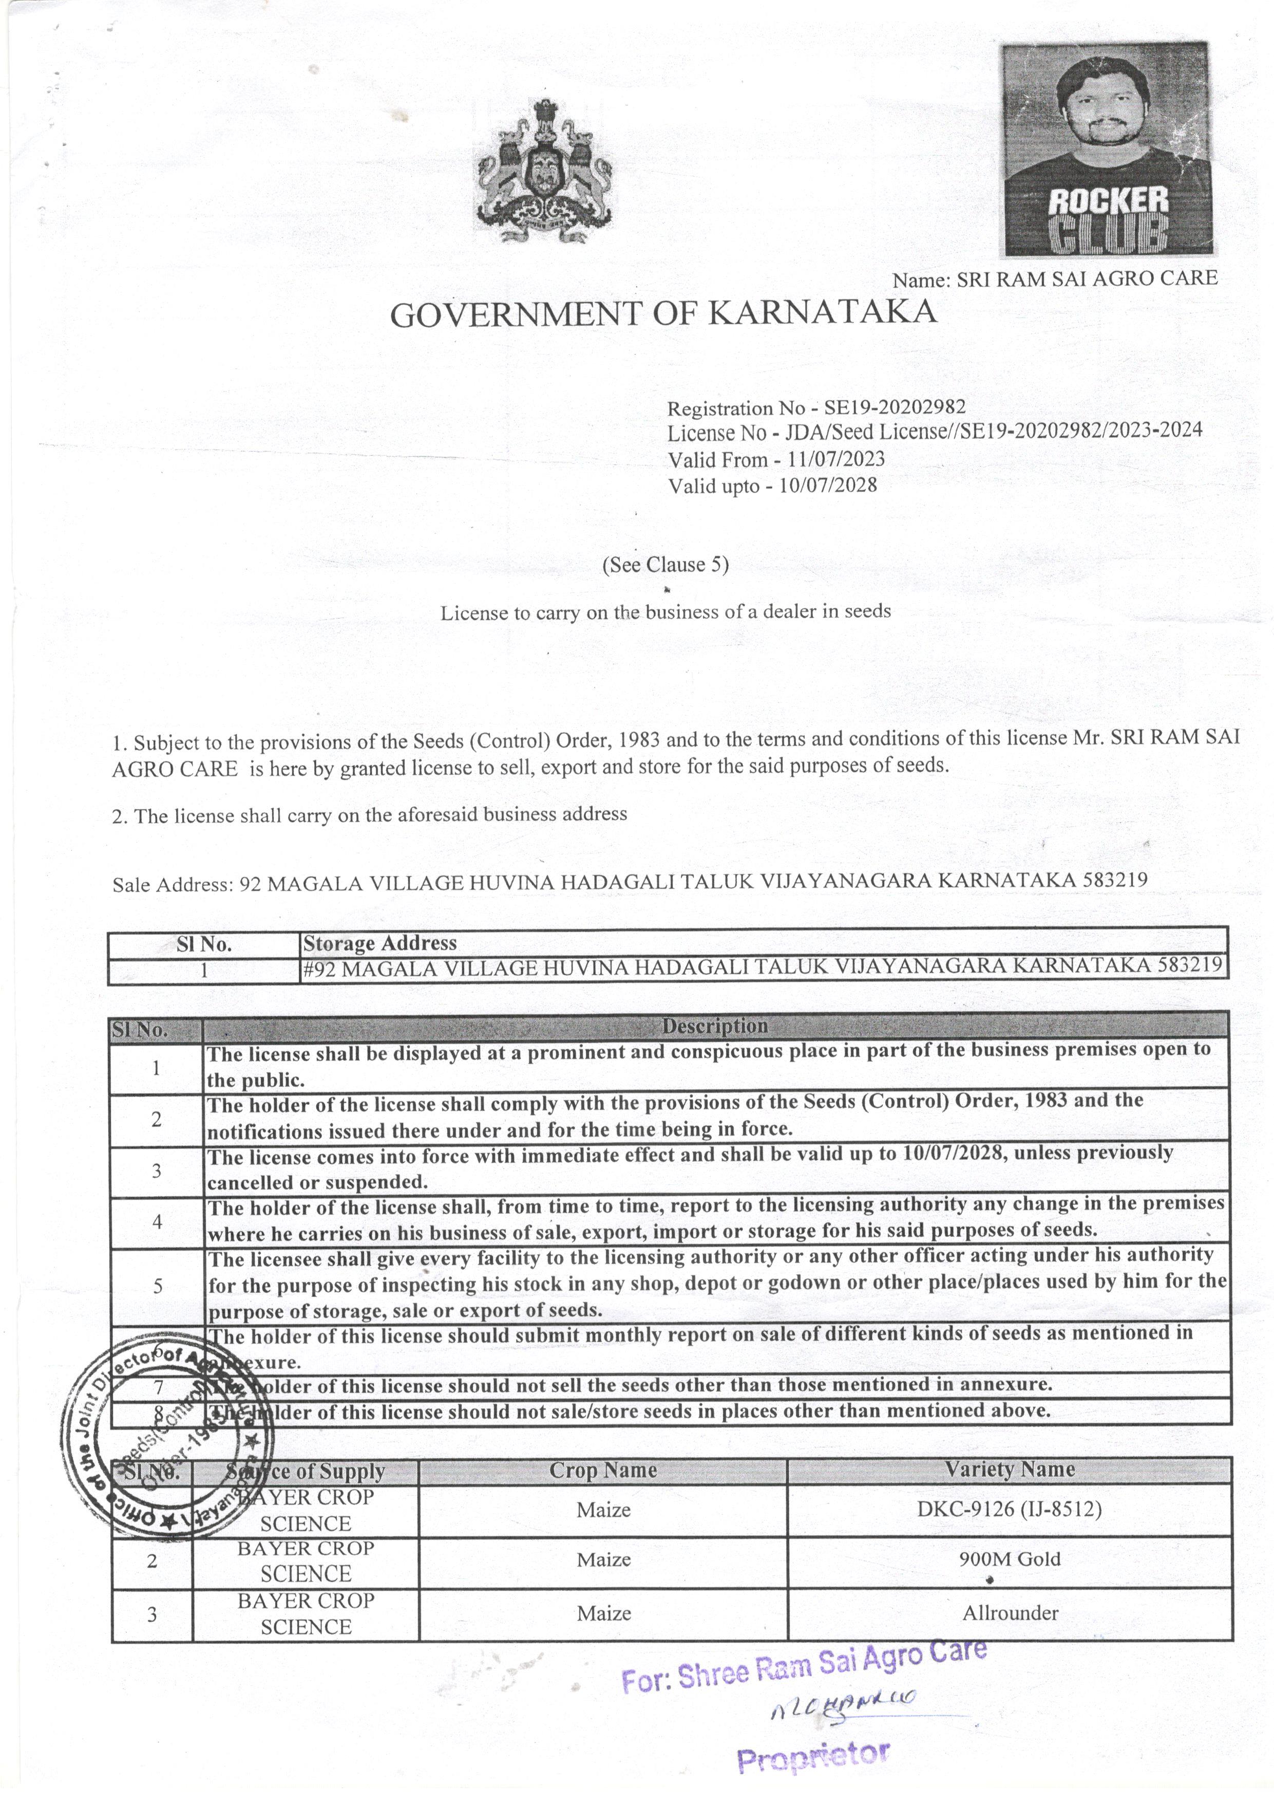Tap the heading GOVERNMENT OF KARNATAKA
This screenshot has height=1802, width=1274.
[x=663, y=313]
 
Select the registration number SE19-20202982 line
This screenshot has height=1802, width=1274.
[x=816, y=407]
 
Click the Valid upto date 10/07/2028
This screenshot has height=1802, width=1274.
[x=828, y=485]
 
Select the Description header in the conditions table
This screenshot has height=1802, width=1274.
[x=715, y=1026]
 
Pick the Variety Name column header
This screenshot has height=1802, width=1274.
[x=1009, y=1469]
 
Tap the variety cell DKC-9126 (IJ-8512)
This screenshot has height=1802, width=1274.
[x=1009, y=1509]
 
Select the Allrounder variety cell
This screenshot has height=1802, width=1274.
[x=1010, y=1613]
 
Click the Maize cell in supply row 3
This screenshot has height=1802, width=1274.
[x=603, y=1613]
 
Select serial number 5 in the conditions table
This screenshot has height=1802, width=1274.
[x=157, y=1286]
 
